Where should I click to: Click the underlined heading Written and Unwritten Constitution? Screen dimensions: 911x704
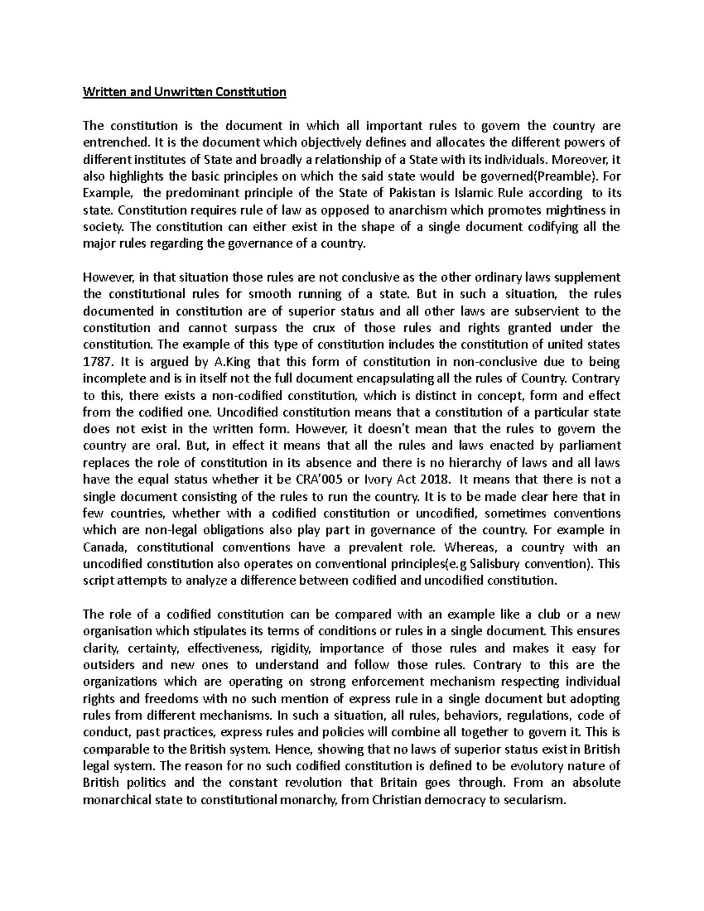pos(184,92)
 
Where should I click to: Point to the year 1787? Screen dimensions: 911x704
pos(96,361)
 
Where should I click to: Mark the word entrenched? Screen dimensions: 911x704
pos(109,143)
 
